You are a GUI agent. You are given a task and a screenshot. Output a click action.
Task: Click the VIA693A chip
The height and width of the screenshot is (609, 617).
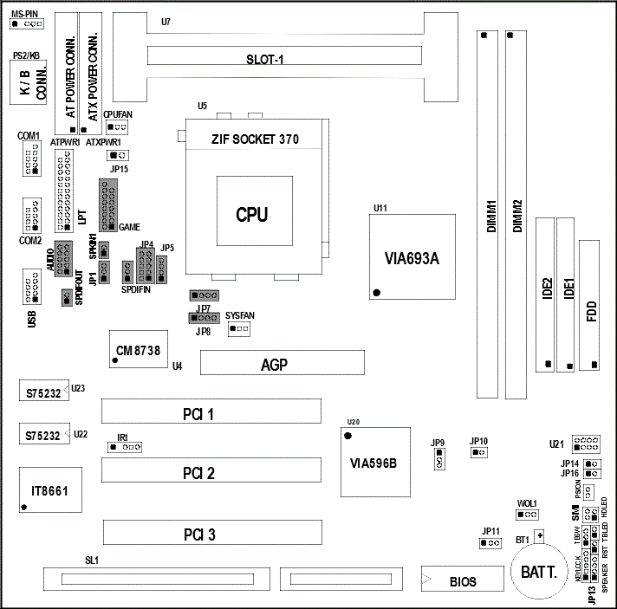point(412,257)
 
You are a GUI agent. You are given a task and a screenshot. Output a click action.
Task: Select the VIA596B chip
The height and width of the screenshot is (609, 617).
point(373,462)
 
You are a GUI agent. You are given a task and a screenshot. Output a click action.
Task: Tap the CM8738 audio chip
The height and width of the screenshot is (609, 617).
point(139,349)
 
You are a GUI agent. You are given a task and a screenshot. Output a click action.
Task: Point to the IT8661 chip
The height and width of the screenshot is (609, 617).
point(50,490)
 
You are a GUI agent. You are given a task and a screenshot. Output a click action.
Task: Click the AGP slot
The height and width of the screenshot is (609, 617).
point(282,363)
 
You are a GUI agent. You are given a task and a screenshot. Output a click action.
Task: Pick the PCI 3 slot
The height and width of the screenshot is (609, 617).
point(211,532)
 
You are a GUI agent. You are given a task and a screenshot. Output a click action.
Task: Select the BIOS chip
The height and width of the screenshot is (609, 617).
point(462,580)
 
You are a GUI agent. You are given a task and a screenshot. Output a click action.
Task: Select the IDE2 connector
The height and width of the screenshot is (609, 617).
point(546,295)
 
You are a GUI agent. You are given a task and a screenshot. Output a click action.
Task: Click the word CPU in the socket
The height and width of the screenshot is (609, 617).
point(252,214)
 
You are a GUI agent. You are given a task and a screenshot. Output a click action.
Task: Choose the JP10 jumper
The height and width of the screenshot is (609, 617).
point(479,452)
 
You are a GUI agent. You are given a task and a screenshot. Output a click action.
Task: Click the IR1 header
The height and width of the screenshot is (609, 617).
point(126,447)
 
